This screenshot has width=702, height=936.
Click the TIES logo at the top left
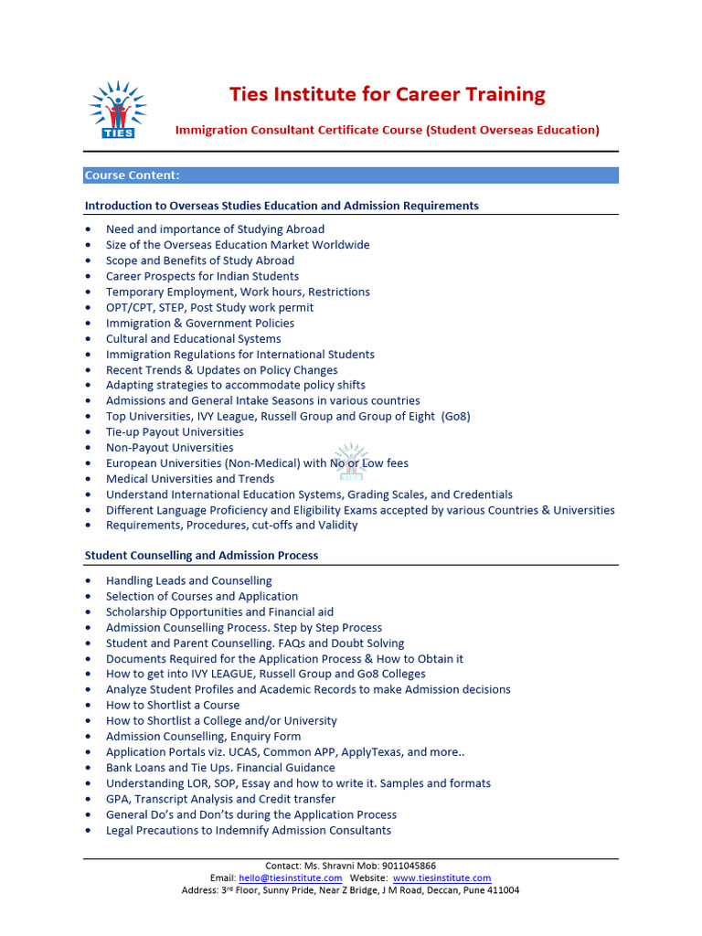[118, 110]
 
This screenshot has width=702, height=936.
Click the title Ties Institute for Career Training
[387, 94]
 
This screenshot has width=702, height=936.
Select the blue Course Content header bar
[351, 175]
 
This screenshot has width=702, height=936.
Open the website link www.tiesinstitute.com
[441, 877]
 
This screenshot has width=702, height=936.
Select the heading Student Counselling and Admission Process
[201, 555]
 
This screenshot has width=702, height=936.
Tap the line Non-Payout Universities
[169, 447]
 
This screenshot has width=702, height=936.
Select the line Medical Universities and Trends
[190, 478]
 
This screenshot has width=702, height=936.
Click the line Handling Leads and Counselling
[188, 580]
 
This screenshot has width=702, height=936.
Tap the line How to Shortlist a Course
[173, 705]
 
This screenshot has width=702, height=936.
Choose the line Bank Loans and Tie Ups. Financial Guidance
[220, 768]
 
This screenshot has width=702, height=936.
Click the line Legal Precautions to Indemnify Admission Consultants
[249, 830]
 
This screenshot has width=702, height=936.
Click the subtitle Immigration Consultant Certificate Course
[299, 130]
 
